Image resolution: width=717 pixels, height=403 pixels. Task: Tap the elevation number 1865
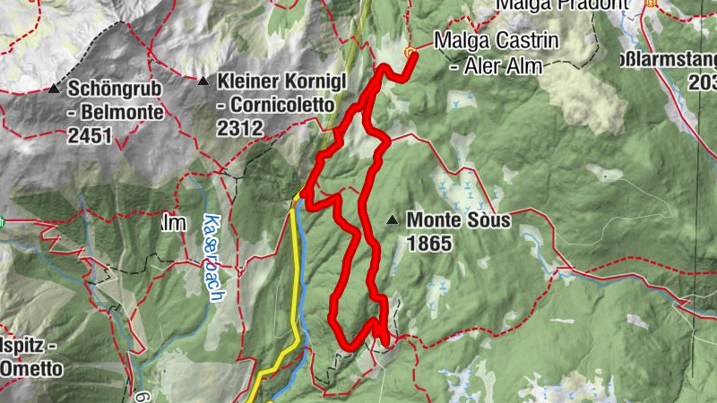pyautogui.click(x=427, y=242)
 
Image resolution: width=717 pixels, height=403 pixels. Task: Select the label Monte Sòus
pyautogui.click(x=458, y=219)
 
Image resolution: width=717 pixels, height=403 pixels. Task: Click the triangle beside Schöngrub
pyautogui.click(x=54, y=90)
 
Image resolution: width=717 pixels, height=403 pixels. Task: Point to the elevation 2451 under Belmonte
pyautogui.click(x=89, y=136)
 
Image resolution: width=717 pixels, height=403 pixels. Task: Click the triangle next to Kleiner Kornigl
pyautogui.click(x=203, y=81)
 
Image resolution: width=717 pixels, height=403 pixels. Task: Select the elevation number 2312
pyautogui.click(x=239, y=128)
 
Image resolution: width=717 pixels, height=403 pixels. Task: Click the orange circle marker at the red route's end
pyautogui.click(x=410, y=52)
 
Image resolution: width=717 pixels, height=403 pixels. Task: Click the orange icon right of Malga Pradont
pyautogui.click(x=651, y=3)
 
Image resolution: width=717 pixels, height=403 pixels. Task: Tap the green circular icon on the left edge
pyautogui.click(x=3, y=221)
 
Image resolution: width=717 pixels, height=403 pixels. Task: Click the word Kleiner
pyautogui.click(x=246, y=81)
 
